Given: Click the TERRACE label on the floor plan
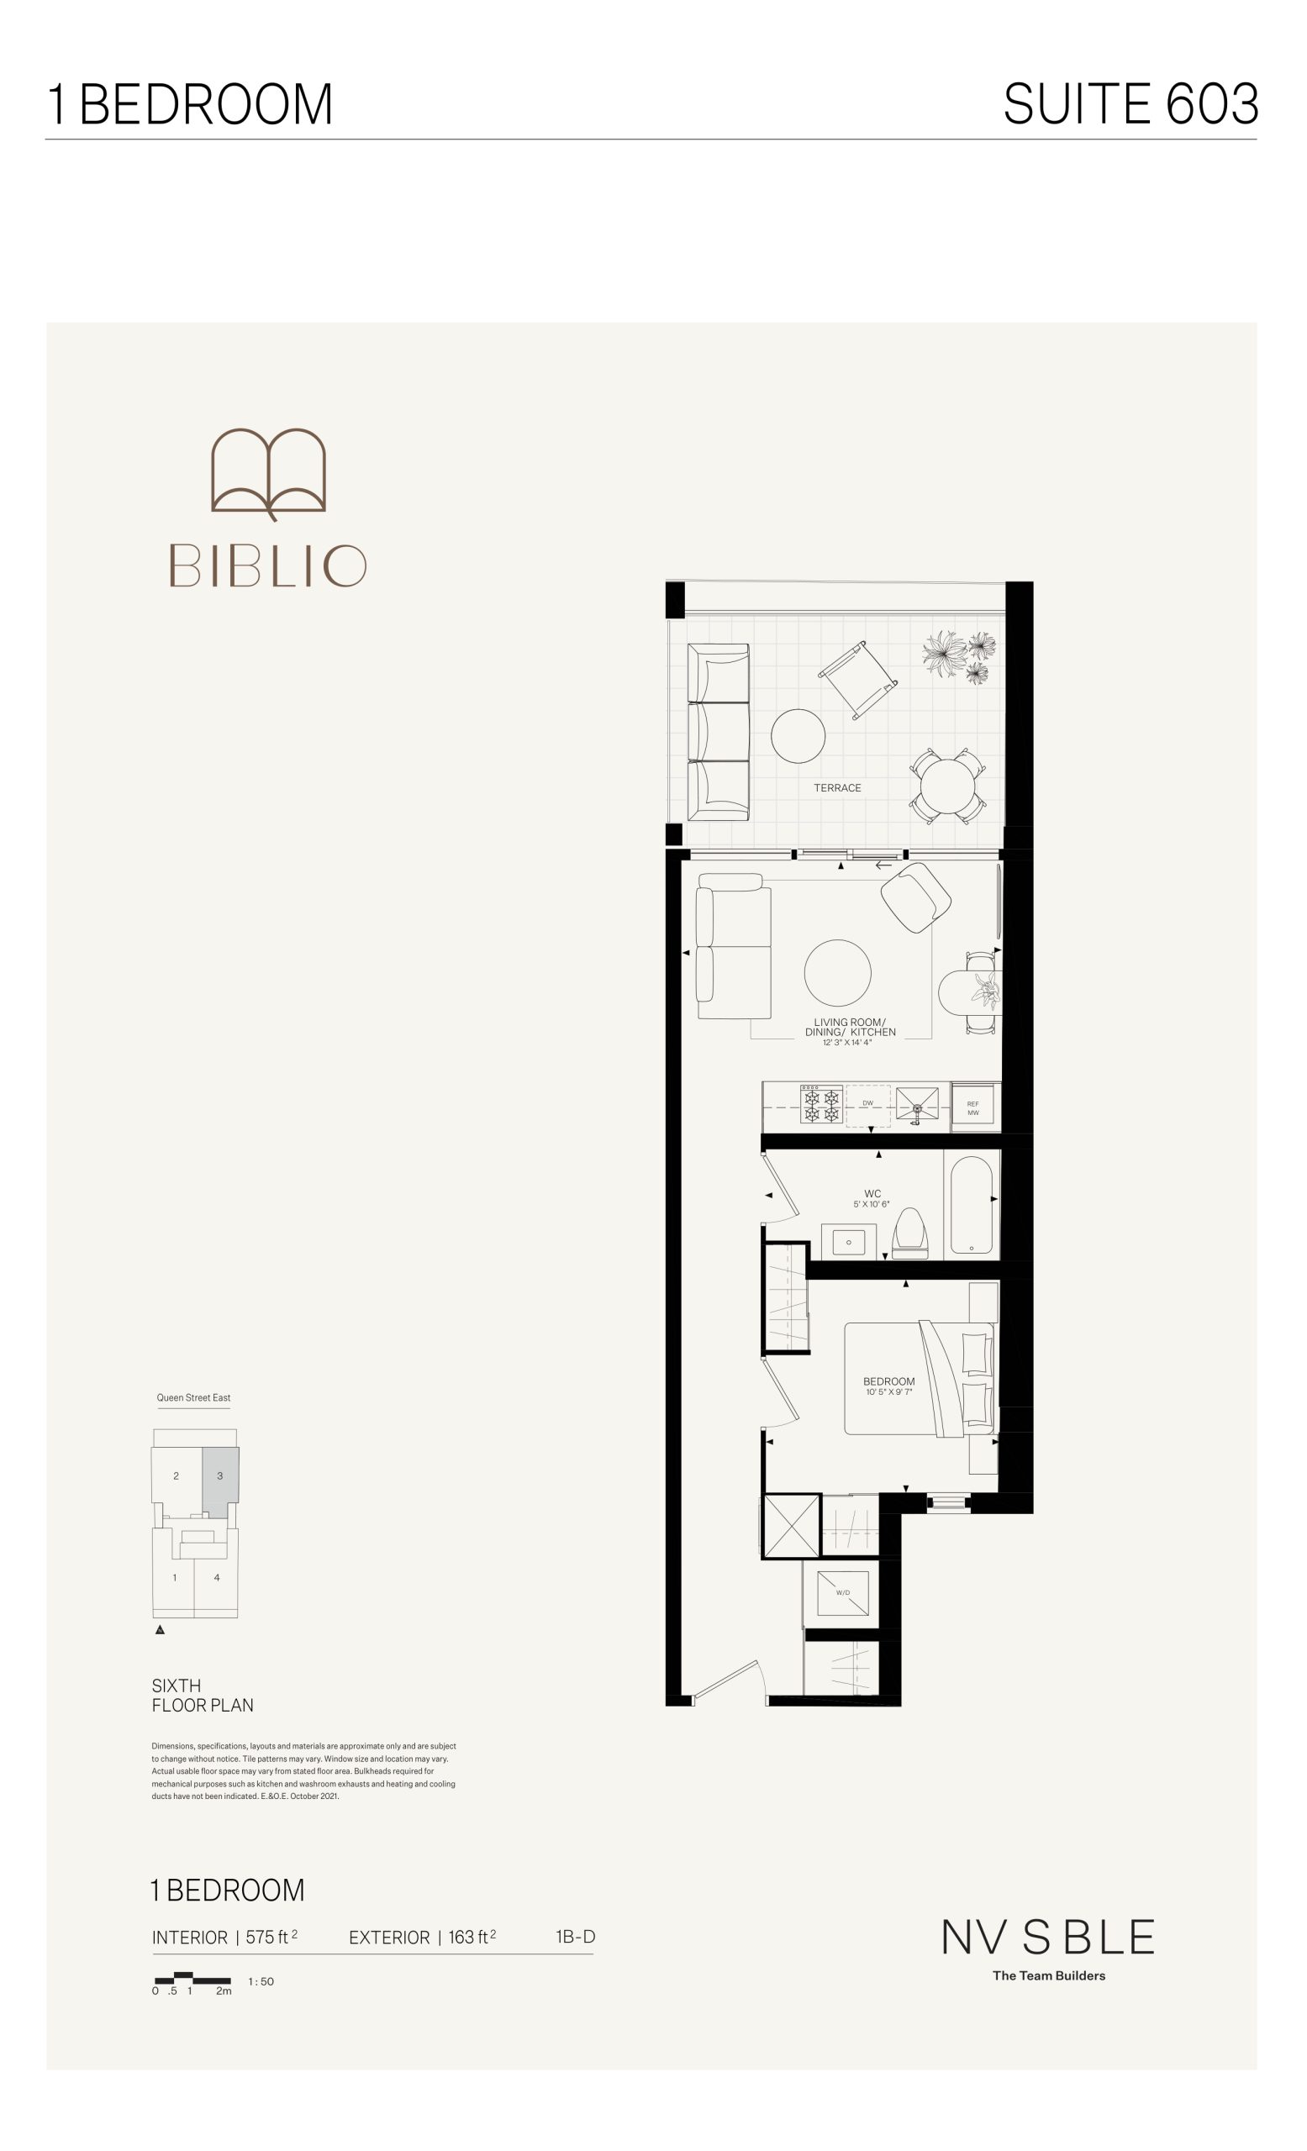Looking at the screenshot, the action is (837, 787).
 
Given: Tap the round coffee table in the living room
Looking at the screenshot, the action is (837, 972).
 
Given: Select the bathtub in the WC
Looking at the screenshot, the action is (971, 1205).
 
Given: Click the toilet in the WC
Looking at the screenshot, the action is (909, 1233).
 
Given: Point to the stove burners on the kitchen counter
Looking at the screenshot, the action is (821, 1105).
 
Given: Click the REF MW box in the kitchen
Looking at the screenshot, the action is (973, 1107).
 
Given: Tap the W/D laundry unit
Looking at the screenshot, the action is (843, 1592).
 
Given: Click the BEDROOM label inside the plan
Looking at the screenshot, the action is (888, 1381).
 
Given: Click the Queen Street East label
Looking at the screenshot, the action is (194, 1397).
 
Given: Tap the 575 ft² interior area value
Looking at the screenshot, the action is (271, 1937).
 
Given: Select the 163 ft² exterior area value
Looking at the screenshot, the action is (472, 1937).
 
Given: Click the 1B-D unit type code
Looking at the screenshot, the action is (576, 1936).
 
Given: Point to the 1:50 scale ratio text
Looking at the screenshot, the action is (261, 1981).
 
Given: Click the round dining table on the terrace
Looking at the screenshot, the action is (948, 786).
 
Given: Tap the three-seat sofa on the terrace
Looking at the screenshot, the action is (719, 732).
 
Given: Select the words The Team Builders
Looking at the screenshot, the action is (1049, 1975).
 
